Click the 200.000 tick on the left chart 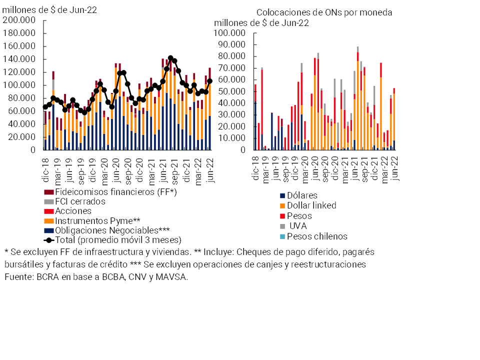(x=21, y=20)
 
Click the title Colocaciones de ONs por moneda (x=324, y=12)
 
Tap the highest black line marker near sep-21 (x=170, y=58)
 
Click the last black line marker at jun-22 (x=209, y=81)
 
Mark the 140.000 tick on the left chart (x=21, y=59)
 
